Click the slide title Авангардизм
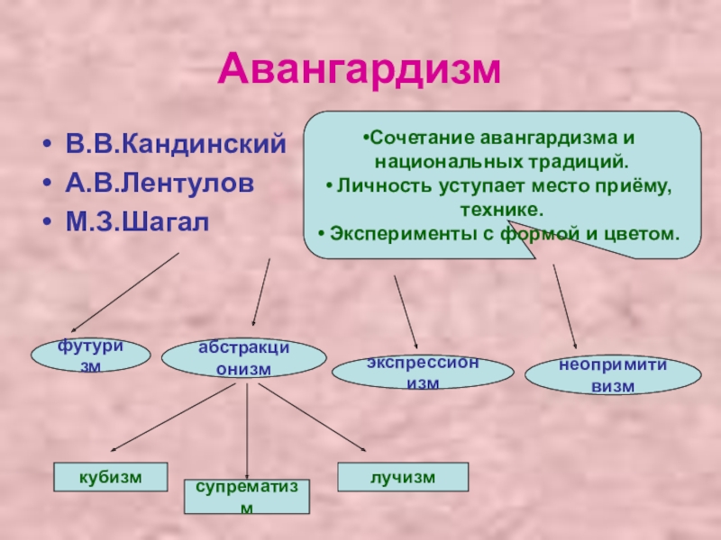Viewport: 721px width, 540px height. pos(360,69)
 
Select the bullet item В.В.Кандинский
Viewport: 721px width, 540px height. pos(175,144)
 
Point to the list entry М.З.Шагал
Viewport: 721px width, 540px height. pos(135,220)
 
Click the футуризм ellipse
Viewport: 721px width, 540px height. pos(91,356)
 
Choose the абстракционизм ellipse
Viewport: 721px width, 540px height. pos(243,358)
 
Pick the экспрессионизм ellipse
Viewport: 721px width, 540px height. pos(423,372)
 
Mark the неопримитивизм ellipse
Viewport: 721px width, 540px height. pos(612,376)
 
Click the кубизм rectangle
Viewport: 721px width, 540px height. pos(111,476)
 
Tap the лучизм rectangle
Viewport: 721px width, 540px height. pos(402,476)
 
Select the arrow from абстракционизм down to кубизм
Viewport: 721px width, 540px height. pos(175,418)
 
